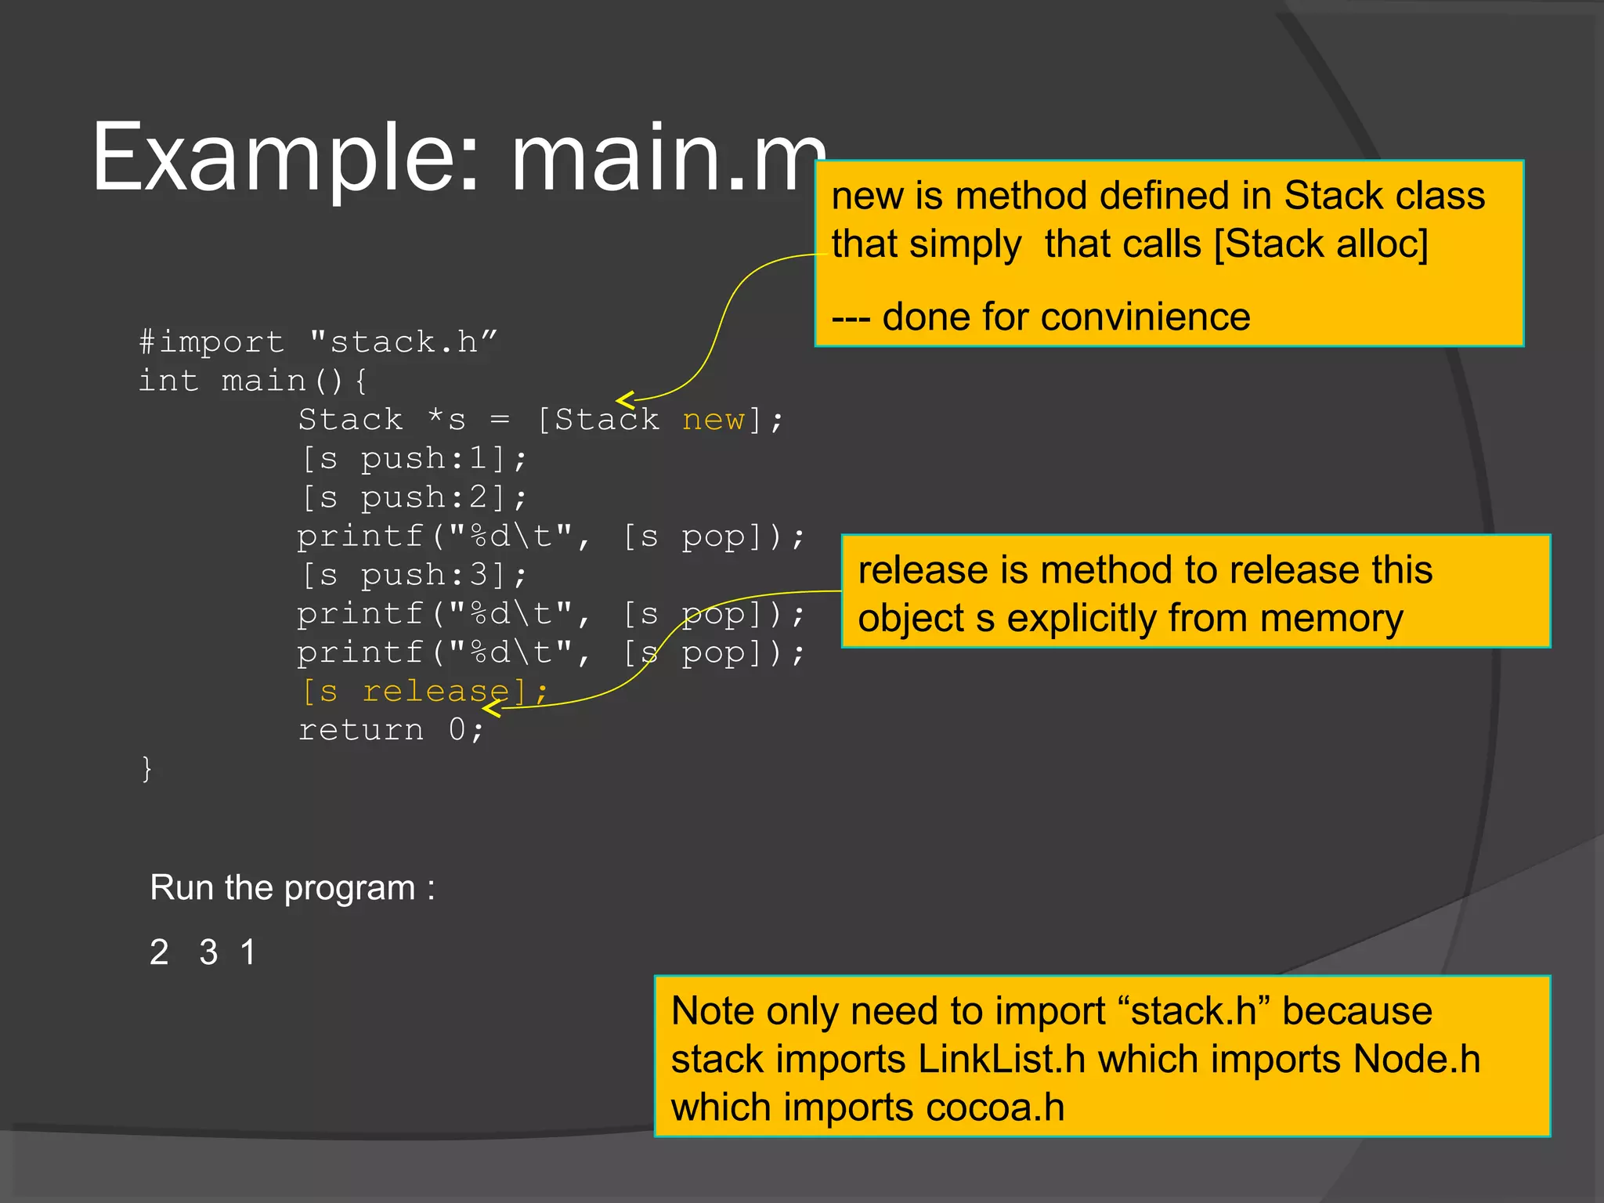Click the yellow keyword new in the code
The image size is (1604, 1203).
coord(713,421)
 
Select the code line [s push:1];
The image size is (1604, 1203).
coord(414,459)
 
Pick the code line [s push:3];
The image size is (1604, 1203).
coord(414,576)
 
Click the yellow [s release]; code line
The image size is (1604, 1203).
coord(424,692)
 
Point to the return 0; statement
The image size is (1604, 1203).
coord(391,730)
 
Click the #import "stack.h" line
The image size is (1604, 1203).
coord(317,342)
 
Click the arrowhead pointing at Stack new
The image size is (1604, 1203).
coord(623,400)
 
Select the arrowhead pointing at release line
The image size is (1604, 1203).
coord(490,708)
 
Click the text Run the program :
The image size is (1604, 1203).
coord(291,888)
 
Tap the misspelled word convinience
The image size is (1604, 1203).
coord(1143,317)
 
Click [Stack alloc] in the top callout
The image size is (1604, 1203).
coord(1320,244)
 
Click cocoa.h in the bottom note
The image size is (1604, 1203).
coord(995,1108)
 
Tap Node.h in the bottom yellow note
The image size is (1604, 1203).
coord(1416,1060)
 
